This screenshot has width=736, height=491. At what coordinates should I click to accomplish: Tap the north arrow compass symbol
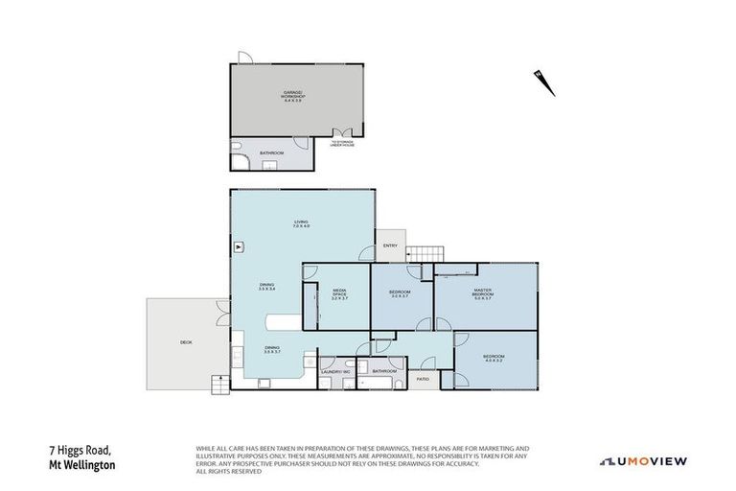[545, 82]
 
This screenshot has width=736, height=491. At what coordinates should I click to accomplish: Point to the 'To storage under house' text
[342, 144]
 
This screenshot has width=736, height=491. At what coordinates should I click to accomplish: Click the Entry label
[390, 245]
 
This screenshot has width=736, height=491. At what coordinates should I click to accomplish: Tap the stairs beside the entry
[425, 252]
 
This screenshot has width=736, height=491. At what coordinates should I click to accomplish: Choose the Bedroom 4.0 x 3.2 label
[494, 359]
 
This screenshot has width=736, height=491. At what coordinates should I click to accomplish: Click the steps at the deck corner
[220, 385]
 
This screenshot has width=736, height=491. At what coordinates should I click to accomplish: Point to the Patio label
[423, 378]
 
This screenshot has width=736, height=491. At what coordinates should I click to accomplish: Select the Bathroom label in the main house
[384, 370]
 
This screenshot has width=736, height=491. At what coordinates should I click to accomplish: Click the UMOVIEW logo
[643, 461]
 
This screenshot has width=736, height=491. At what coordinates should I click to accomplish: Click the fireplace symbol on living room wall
[237, 247]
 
